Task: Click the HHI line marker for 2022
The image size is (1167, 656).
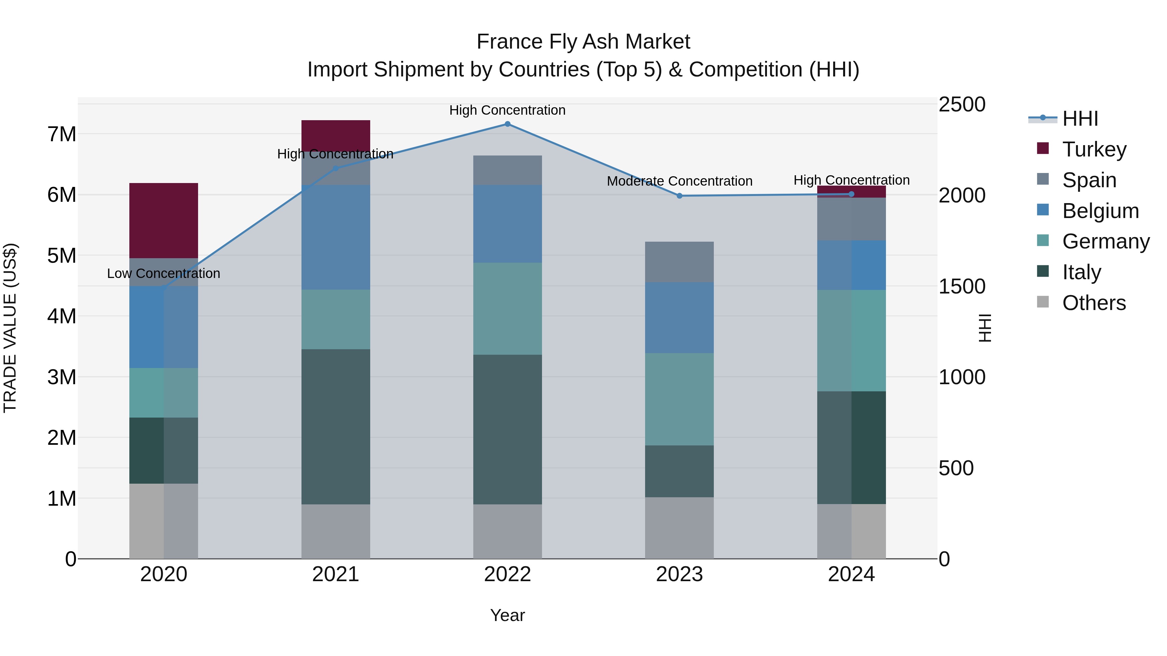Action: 507,124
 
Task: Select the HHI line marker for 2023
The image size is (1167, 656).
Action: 679,196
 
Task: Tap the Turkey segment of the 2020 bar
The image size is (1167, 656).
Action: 164,221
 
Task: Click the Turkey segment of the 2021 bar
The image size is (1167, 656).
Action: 336,135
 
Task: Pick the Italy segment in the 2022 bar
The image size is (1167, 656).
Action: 507,429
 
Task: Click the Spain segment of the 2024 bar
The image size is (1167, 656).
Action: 851,219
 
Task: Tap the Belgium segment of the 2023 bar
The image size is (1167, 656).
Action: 679,317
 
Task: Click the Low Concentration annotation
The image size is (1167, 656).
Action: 164,273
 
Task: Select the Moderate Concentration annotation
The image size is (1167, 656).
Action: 679,181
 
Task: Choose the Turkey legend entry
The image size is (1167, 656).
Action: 1094,149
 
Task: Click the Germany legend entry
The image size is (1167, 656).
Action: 1105,241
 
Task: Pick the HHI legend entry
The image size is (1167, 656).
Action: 1079,119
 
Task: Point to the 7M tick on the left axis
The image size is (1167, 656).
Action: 62,134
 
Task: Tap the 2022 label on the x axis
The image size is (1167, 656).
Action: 507,574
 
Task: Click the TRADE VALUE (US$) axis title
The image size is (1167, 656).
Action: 10,328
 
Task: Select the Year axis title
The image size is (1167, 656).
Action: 507,615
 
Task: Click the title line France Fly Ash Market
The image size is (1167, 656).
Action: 583,42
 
